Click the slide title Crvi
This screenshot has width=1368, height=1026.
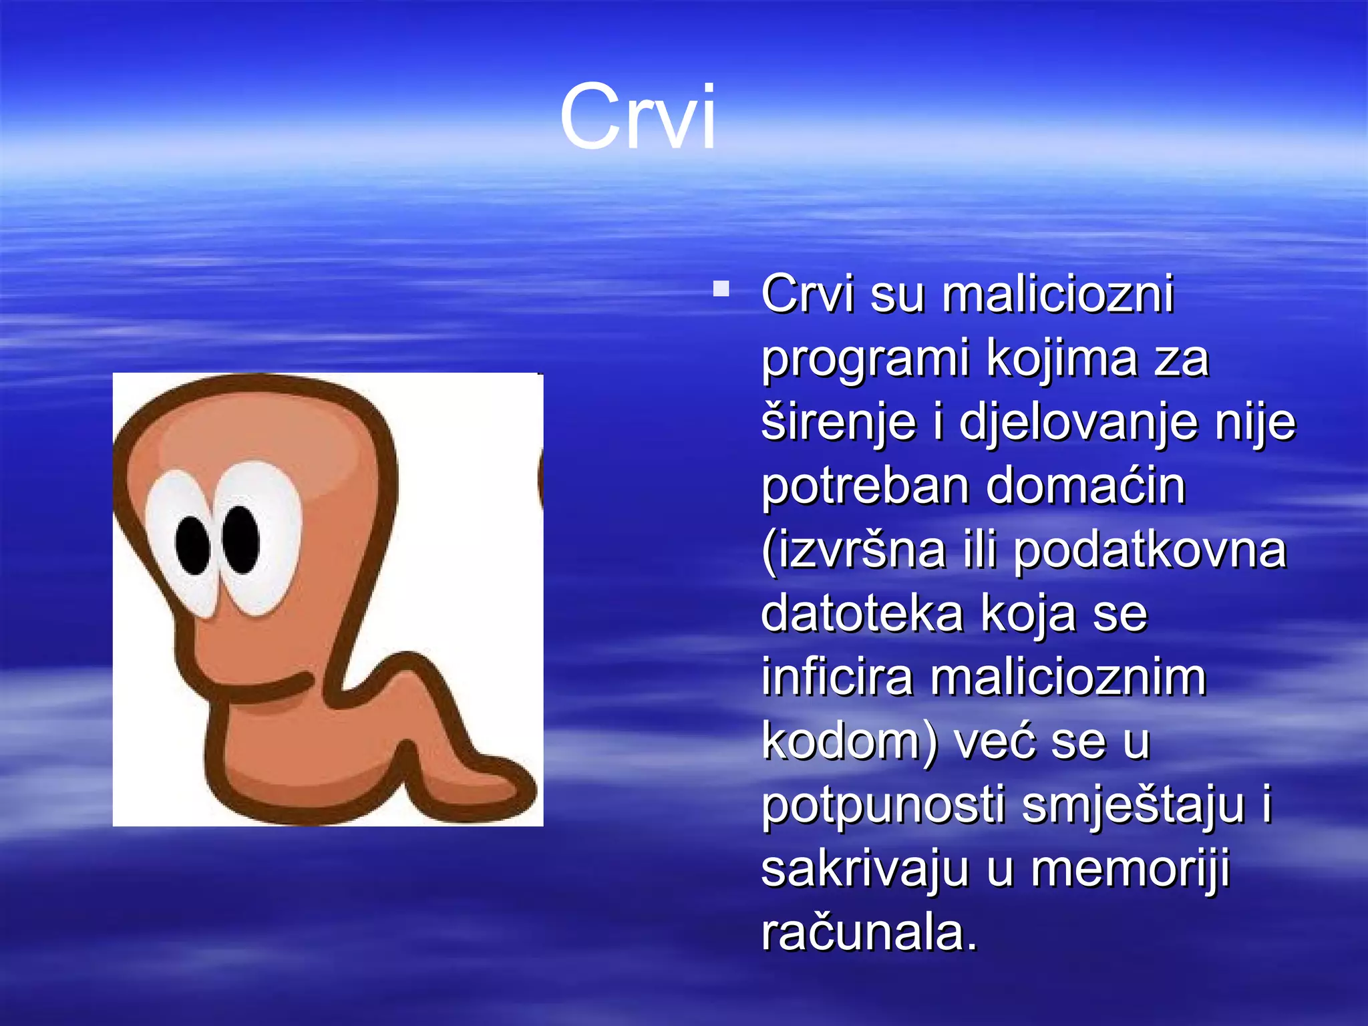coord(638,118)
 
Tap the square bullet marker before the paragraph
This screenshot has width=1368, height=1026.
coord(721,289)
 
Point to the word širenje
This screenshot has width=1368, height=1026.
coord(838,423)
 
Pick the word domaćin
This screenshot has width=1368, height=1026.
coord(1085,486)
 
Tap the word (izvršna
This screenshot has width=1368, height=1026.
coord(853,550)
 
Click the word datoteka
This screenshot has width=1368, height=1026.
coord(862,613)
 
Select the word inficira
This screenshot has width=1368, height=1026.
coord(836,677)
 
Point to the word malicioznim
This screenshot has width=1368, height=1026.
coord(1068,677)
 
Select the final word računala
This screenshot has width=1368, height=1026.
coord(868,932)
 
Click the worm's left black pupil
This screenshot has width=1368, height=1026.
coord(194,544)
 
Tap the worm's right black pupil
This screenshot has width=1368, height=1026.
coord(240,540)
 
